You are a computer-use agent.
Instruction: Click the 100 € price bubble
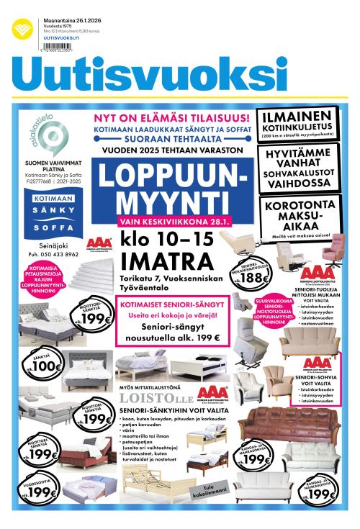coord(47,364)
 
